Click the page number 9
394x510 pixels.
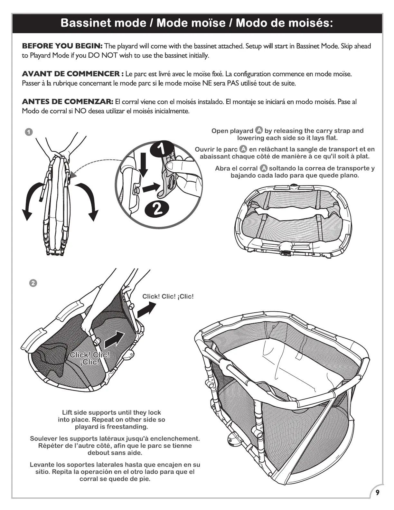(x=377, y=493)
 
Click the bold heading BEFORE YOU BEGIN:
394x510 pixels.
(x=62, y=46)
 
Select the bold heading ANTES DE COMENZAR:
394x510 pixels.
(x=67, y=102)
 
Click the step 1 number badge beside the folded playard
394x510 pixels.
(x=28, y=132)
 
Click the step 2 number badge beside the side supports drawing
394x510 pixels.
(x=33, y=283)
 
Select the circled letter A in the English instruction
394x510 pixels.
(x=259, y=130)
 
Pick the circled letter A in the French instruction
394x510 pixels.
(x=243, y=149)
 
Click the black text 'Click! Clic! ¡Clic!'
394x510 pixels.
(x=168, y=297)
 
